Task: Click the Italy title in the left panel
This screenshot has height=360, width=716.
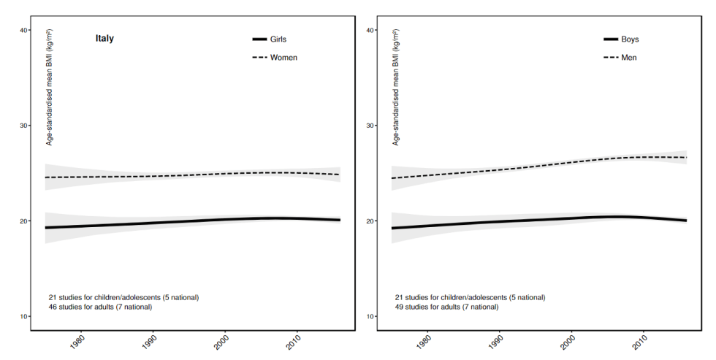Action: click(104, 39)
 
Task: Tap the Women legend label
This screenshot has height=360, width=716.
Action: click(283, 57)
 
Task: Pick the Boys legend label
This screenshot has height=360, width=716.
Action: click(630, 39)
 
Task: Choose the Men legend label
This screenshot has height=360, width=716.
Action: click(629, 57)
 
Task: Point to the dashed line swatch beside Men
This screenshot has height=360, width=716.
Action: click(610, 57)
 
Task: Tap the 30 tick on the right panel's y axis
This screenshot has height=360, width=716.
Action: click(370, 126)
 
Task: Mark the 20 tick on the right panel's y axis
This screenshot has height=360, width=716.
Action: click(370, 221)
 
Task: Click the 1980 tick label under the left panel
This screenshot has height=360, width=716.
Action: click(77, 341)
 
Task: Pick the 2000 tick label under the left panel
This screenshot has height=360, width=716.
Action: click(224, 341)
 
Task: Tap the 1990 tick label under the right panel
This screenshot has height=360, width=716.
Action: click(496, 341)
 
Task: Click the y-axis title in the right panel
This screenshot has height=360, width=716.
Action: click(396, 88)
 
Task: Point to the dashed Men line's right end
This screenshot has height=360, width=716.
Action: click(686, 158)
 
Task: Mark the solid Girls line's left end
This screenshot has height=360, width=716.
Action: click(46, 228)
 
